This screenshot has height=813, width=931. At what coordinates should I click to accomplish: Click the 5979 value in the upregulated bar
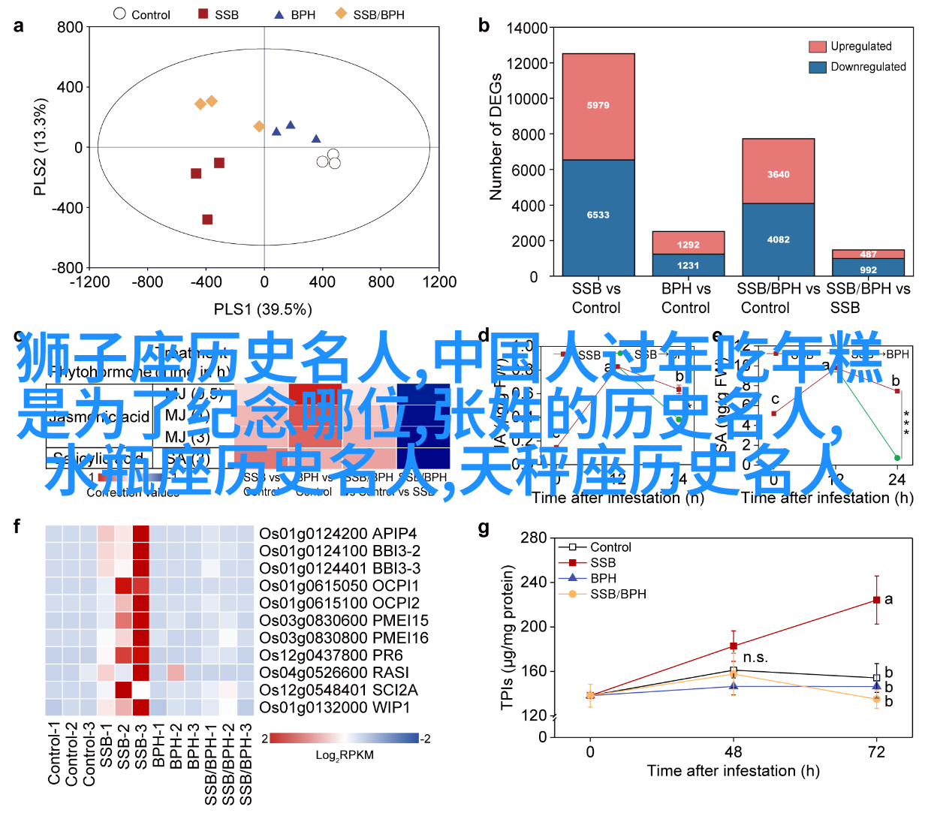point(598,106)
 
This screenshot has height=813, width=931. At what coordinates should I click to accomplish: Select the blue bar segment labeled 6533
point(598,215)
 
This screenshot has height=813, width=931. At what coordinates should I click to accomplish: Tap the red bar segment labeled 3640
point(778,174)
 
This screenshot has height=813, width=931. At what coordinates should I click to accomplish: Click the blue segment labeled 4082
point(778,239)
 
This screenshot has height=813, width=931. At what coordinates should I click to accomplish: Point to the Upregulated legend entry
point(860,47)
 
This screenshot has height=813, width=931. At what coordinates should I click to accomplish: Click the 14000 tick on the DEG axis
point(527,29)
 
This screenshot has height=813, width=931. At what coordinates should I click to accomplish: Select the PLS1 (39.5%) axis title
point(263,309)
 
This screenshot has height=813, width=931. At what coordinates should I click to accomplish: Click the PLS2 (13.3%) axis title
point(41,147)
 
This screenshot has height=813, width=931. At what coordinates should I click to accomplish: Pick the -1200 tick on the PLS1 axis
point(89,282)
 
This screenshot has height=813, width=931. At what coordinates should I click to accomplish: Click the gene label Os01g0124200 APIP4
point(338,534)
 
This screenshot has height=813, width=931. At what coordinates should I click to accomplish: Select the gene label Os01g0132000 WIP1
point(334,708)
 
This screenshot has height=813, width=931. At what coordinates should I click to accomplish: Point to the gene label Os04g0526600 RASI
point(334,673)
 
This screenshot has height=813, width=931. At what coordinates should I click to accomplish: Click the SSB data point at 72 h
point(876,600)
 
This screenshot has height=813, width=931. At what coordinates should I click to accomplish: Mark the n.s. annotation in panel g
point(755,658)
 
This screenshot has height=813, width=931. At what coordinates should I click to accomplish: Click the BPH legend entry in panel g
point(603,578)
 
